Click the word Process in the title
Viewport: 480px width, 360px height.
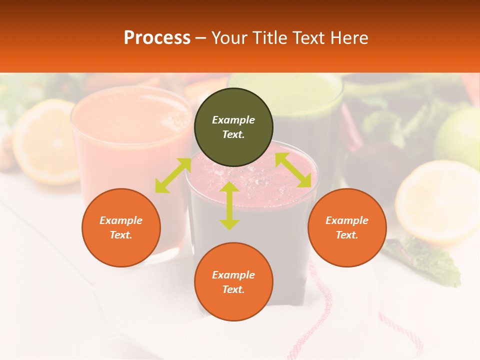tap(157, 38)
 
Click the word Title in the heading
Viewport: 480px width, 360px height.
tap(270, 38)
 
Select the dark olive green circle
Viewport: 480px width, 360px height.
tap(233, 127)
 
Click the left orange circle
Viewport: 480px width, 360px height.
tap(121, 227)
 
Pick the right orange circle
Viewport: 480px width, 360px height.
tap(347, 227)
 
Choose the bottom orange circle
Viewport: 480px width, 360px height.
tap(233, 281)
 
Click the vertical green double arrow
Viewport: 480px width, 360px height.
tap(229, 205)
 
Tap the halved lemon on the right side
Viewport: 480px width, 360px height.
tap(437, 200)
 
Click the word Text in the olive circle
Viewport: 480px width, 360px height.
tap(233, 134)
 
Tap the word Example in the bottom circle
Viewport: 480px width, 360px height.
tap(233, 274)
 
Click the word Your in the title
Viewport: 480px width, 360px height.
tap(228, 38)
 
